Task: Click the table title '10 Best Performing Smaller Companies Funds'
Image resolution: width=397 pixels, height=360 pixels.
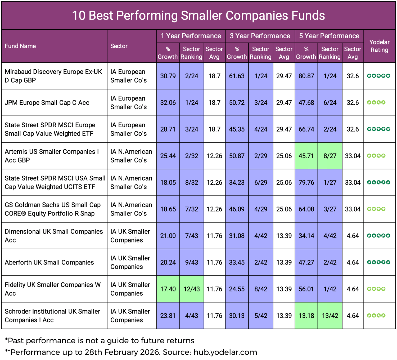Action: coord(198,15)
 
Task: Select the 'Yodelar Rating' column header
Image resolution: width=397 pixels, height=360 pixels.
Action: coord(379,46)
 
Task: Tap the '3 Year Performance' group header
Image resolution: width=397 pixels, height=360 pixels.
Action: coord(260,36)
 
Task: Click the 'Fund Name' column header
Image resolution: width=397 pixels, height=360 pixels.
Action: coord(20,46)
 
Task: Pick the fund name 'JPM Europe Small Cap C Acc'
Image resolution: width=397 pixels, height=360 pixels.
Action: coord(47,103)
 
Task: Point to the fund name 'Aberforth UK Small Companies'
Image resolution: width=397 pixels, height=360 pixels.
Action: coord(49,262)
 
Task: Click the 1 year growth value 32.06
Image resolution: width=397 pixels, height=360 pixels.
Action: coord(168,103)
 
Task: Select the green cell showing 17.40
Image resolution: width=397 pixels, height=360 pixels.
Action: coord(168,289)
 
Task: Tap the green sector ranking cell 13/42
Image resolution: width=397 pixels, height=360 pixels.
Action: coord(330,316)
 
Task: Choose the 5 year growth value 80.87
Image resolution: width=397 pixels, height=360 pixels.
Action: coord(306,76)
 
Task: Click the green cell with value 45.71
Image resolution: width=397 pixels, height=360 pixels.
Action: coord(306,156)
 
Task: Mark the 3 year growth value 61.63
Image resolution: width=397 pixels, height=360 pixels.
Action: coord(237,76)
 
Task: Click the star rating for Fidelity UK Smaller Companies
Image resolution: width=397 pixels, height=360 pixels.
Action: coord(376,289)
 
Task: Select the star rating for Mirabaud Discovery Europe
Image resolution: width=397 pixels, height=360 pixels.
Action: coord(378,76)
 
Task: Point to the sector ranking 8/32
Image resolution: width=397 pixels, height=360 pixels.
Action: coord(191,183)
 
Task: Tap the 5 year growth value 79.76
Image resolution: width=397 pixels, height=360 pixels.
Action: coord(306,183)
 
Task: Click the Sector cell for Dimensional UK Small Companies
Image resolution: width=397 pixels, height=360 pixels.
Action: coord(130,236)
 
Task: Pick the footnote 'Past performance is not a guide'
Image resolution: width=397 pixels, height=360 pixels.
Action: coord(100,341)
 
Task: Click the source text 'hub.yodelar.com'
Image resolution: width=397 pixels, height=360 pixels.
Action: coord(225,352)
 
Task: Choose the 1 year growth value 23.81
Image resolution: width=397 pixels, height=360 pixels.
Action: coord(168,316)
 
